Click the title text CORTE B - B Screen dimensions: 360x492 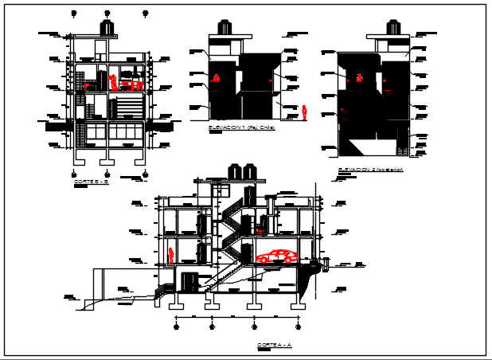[90, 182]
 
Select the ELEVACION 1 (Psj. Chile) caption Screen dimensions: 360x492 [240, 127]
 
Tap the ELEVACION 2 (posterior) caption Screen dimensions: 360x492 [370, 170]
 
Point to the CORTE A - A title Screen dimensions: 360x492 [275, 346]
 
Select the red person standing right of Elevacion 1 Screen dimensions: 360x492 [304, 112]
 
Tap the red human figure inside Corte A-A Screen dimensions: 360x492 [171, 255]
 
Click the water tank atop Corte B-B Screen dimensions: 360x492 [107, 28]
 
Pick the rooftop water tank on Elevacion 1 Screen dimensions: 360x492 [225, 27]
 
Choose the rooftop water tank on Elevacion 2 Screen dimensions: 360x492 [391, 27]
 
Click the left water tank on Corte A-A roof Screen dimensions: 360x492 [235, 171]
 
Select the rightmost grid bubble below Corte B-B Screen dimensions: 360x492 [144, 172]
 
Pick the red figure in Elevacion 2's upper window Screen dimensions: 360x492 [360, 78]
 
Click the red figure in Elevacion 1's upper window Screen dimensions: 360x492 [217, 78]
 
